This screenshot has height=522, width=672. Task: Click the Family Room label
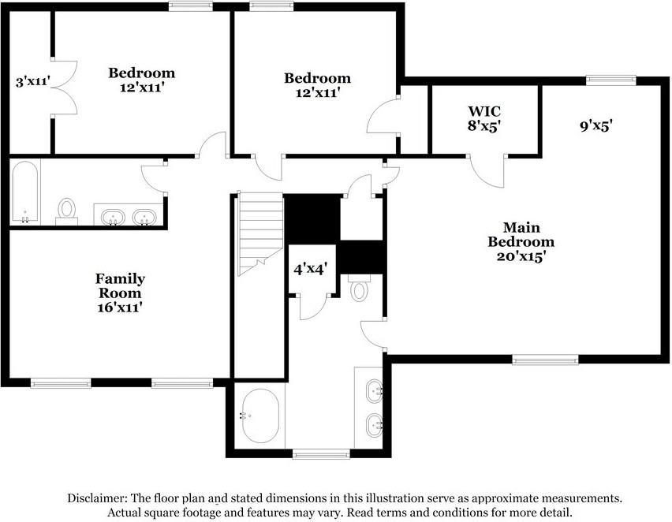coord(120,293)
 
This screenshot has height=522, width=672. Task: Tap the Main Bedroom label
coord(521,242)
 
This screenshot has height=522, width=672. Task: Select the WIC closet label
coord(484,118)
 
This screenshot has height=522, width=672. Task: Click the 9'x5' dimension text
coord(596,126)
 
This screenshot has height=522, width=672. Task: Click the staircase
coord(260,234)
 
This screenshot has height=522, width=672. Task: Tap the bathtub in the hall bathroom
coord(25,192)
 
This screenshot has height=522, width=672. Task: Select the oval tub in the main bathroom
coord(260,416)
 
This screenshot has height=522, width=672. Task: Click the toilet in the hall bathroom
coord(66,211)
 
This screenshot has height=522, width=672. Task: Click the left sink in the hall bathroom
coord(113,217)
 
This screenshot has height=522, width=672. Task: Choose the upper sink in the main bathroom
coord(375,391)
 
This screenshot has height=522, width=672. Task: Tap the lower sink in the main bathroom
coord(375,425)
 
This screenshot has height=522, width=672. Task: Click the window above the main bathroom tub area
coord(321,454)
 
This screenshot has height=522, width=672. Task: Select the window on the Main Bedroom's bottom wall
coord(545,359)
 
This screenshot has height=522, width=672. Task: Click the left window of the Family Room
coord(61,382)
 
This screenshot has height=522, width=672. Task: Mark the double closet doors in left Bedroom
coord(65,88)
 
